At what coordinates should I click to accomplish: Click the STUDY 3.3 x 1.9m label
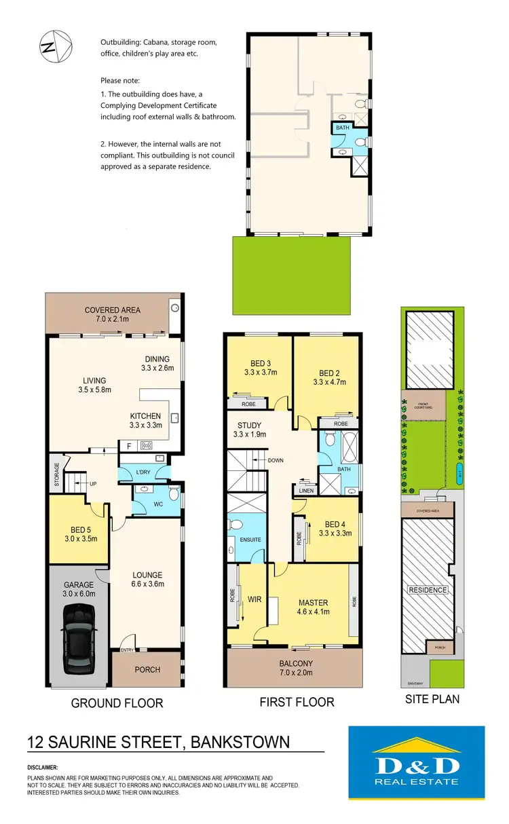click(249, 430)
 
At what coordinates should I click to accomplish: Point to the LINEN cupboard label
click(305, 490)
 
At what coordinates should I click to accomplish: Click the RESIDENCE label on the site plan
click(428, 590)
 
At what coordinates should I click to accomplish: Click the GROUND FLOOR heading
click(117, 703)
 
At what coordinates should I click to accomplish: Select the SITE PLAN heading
click(432, 698)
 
